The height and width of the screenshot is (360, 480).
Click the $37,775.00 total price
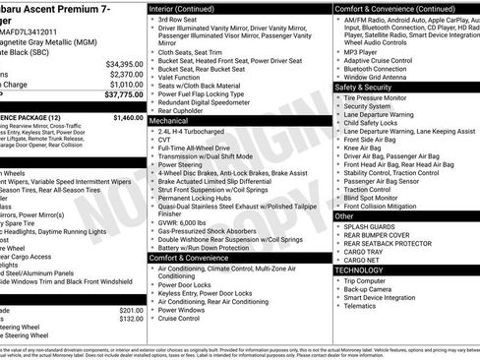coord(124,96)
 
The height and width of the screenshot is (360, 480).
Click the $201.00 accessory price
coord(132,310)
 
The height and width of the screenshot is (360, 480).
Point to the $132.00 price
coord(132,319)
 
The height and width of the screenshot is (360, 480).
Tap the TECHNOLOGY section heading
coord(359,269)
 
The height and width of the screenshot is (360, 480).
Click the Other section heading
coord(345,215)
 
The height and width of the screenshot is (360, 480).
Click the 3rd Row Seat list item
coord(177,20)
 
